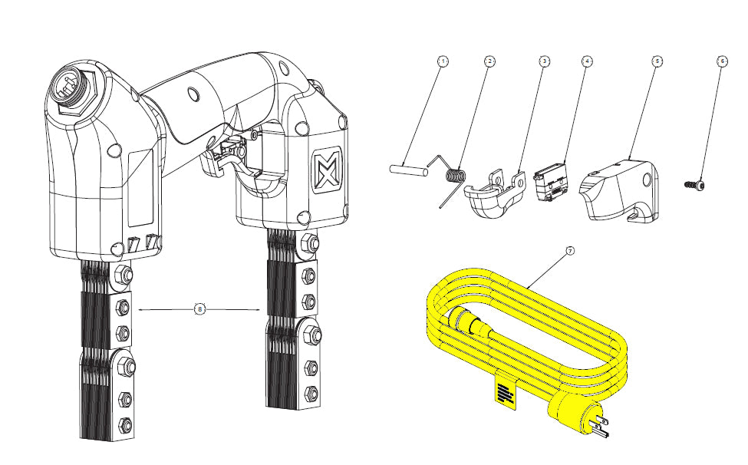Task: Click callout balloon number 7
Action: click(x=568, y=251)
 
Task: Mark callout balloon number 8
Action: click(x=199, y=309)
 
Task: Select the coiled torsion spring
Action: click(x=456, y=176)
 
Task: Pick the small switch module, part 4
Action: click(x=551, y=183)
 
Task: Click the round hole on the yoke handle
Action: click(x=192, y=94)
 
